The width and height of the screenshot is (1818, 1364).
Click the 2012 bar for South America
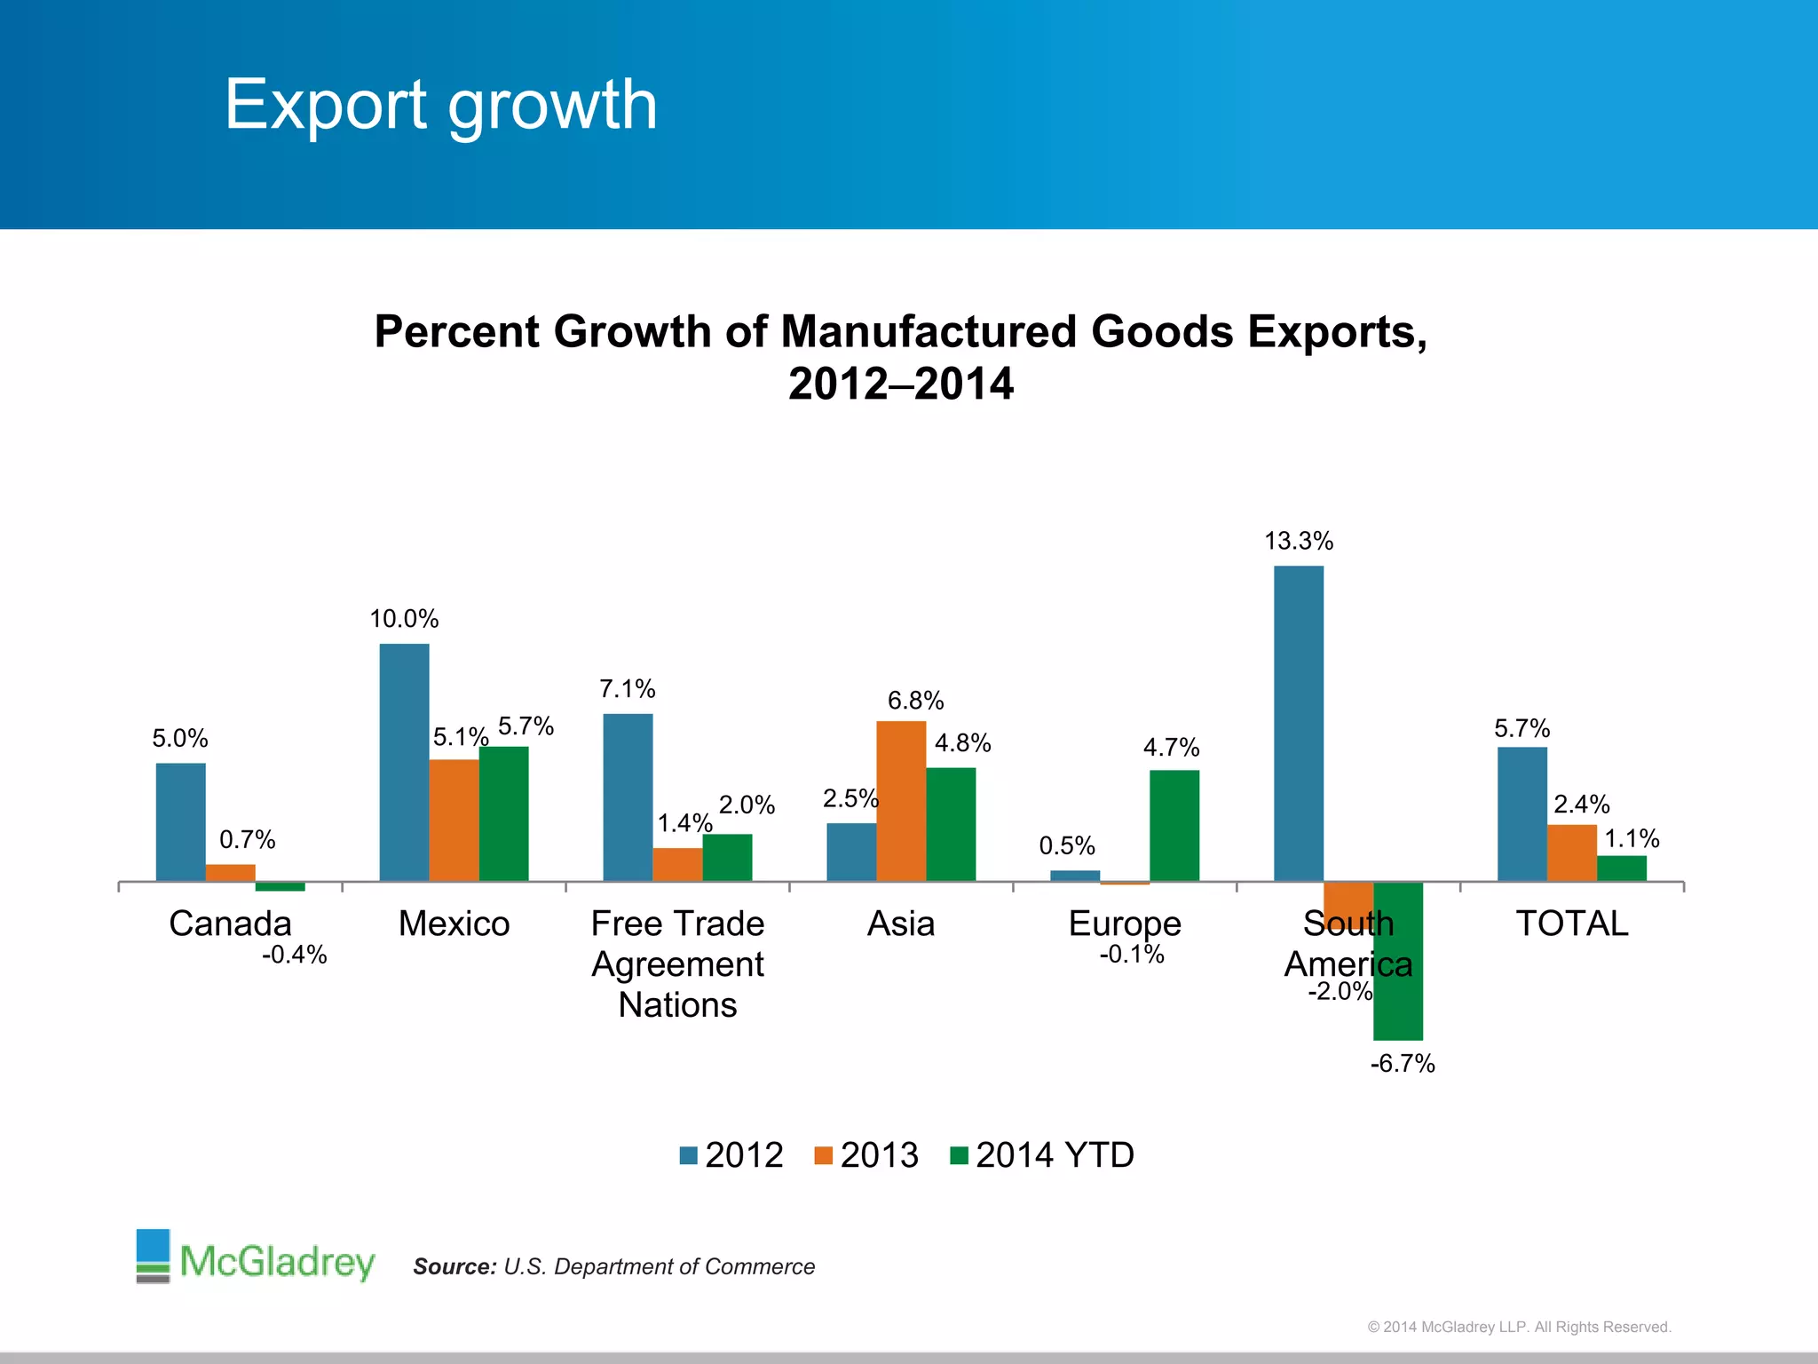(x=1298, y=724)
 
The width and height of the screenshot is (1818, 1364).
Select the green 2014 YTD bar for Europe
(x=1174, y=826)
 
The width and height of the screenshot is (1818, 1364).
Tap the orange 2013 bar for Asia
(x=901, y=801)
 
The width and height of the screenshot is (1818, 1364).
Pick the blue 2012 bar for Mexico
(x=404, y=762)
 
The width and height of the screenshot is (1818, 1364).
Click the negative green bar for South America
(x=1397, y=961)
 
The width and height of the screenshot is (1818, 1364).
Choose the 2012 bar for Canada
(x=180, y=822)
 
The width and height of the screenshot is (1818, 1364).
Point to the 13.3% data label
(x=1298, y=541)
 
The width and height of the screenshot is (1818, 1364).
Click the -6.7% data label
(x=1402, y=1063)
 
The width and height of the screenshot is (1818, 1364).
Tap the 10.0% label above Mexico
(x=404, y=619)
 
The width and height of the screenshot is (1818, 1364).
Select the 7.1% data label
(x=627, y=689)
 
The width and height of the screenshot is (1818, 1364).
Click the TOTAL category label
(x=1571, y=924)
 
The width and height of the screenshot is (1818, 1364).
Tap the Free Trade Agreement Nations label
(x=677, y=964)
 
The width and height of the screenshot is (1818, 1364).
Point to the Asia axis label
(x=900, y=924)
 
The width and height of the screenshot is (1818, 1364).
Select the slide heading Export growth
(x=440, y=105)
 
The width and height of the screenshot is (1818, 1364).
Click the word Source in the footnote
(x=454, y=1266)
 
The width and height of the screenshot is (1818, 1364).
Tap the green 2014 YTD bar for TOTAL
(x=1621, y=868)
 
